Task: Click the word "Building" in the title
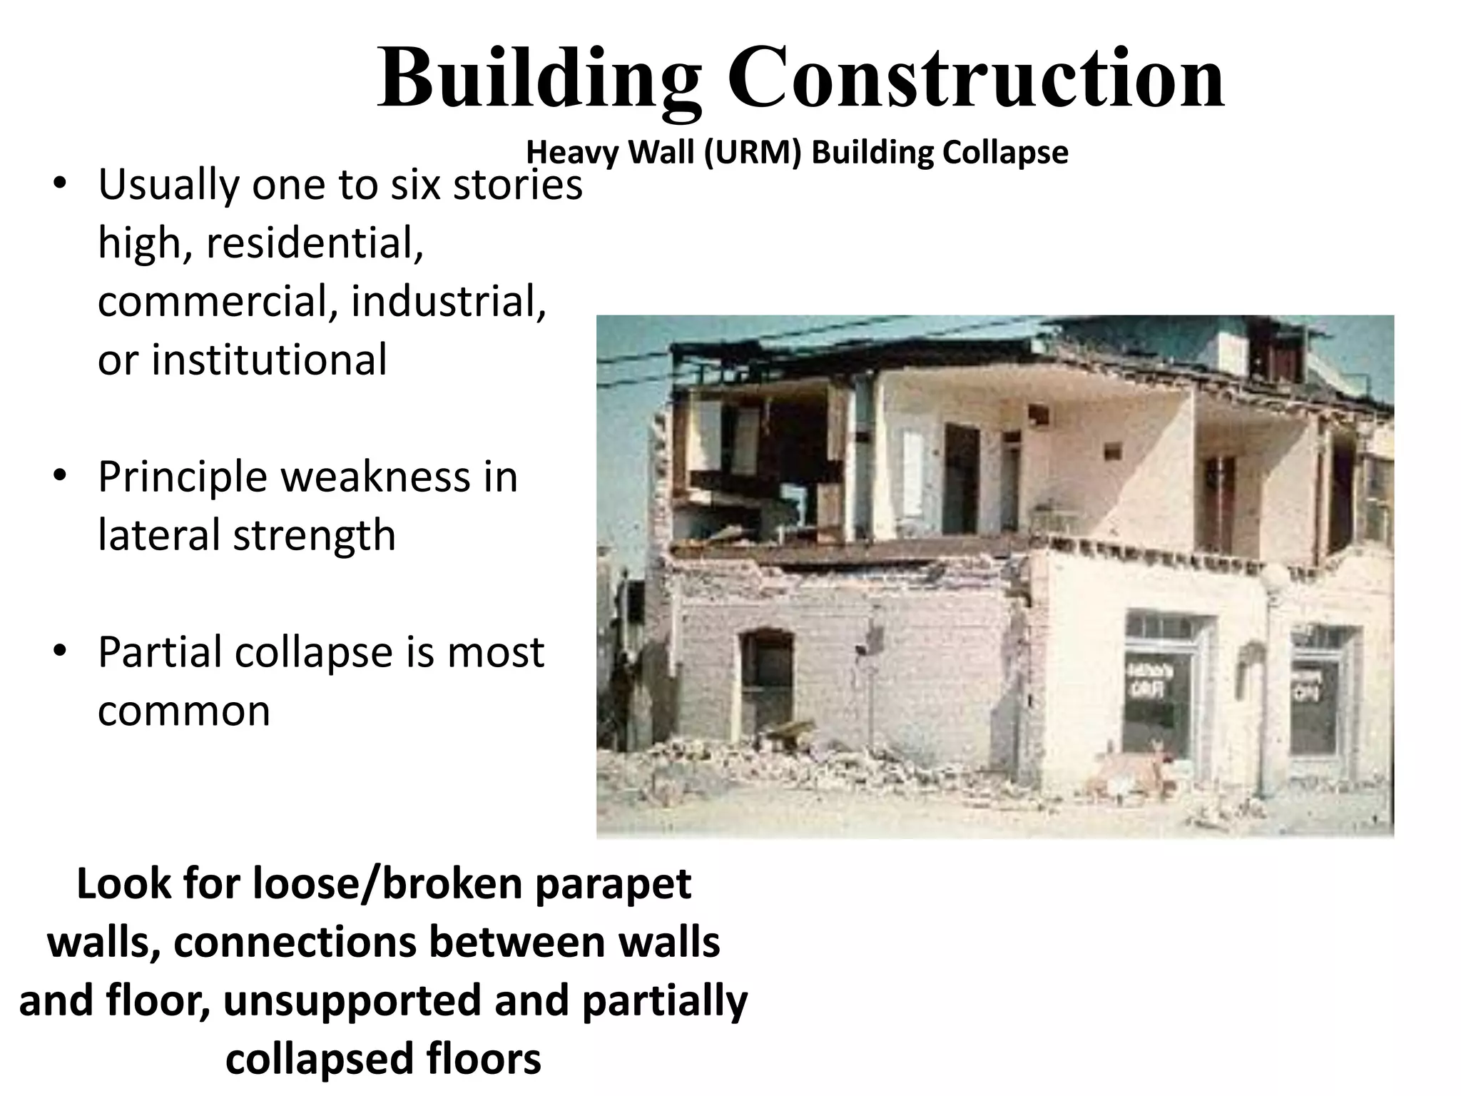click(x=539, y=77)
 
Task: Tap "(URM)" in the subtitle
click(x=753, y=152)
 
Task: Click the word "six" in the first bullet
click(x=414, y=184)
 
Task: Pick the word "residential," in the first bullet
click(x=314, y=243)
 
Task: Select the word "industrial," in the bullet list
click(x=448, y=300)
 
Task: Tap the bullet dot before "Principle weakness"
click(x=60, y=475)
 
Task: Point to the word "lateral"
click(x=160, y=534)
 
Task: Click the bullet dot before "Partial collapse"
click(x=60, y=651)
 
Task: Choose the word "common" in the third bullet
click(x=184, y=710)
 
